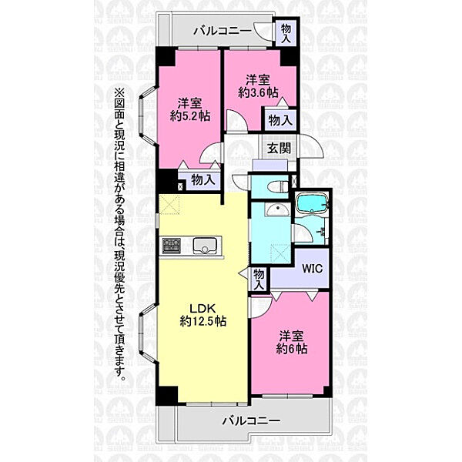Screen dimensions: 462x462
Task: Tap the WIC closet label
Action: tap(313, 269)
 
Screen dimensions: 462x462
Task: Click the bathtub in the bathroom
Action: tap(313, 206)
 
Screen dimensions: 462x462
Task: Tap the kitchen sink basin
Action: tap(205, 246)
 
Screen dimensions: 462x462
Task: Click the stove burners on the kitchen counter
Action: tap(171, 246)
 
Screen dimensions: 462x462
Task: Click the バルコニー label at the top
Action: tap(221, 31)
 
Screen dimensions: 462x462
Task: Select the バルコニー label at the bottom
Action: tap(252, 420)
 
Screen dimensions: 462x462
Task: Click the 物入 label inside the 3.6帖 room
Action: tap(279, 119)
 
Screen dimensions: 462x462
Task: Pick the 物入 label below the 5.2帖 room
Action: tap(203, 180)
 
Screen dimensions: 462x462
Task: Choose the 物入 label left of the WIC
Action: tap(259, 278)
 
